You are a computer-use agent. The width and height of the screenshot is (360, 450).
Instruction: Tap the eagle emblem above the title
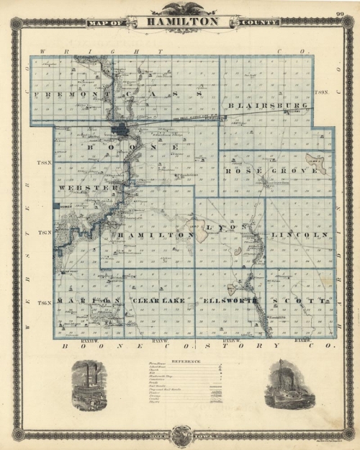[x=180, y=9]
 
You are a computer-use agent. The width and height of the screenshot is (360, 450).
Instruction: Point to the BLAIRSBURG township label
[x=268, y=106]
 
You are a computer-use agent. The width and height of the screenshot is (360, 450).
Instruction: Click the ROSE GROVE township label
[x=271, y=171]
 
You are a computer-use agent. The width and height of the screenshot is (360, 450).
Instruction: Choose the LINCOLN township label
[x=293, y=235]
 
